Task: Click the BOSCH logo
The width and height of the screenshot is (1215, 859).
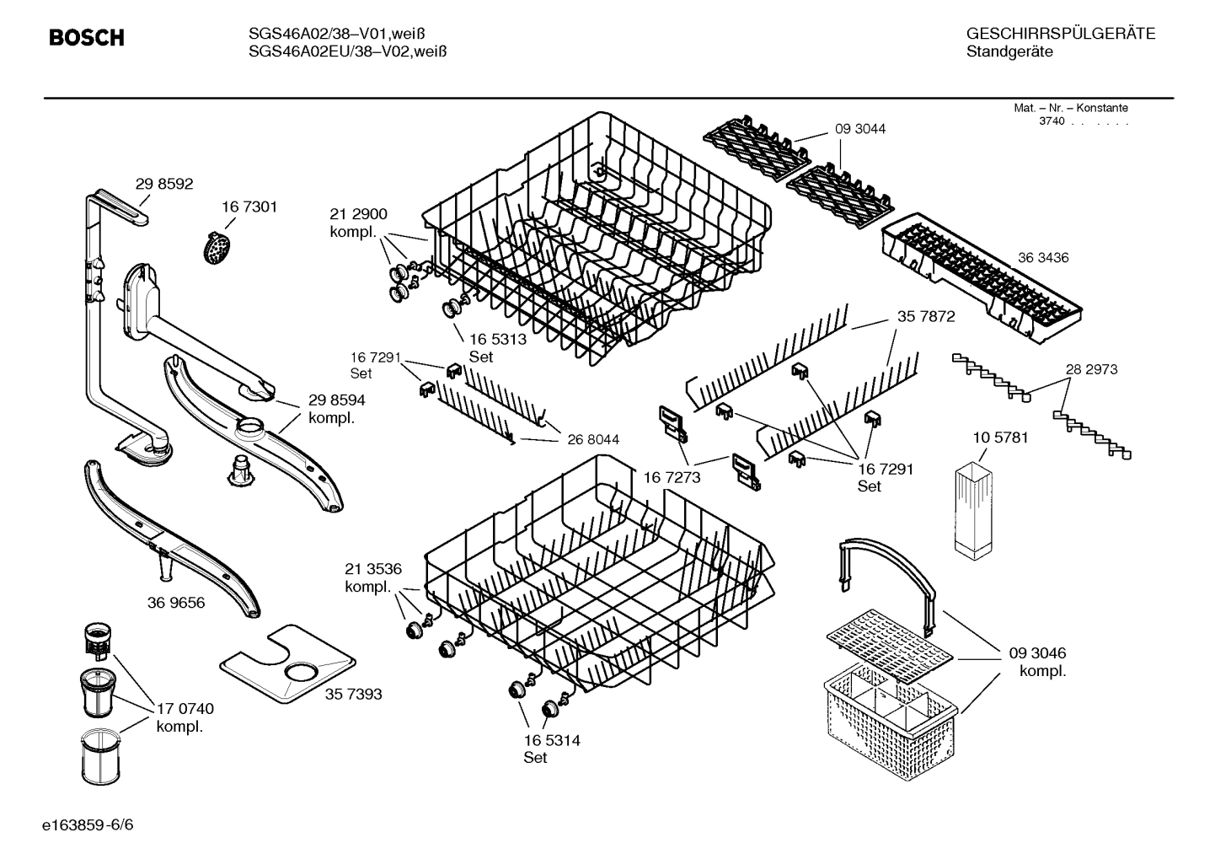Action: pyautogui.click(x=87, y=38)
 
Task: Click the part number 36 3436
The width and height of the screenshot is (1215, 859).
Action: pyautogui.click(x=1042, y=258)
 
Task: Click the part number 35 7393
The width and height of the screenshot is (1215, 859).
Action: pyautogui.click(x=353, y=694)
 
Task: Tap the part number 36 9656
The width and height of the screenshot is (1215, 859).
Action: pyautogui.click(x=175, y=603)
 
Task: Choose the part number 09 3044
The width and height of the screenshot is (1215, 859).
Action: pyautogui.click(x=860, y=129)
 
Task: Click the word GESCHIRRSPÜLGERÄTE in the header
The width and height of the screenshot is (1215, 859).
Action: pyautogui.click(x=1060, y=35)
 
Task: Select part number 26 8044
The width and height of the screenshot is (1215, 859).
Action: pyautogui.click(x=593, y=439)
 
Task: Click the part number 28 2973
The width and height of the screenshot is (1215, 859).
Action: pyautogui.click(x=1091, y=369)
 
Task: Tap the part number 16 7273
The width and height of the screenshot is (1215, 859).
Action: pyautogui.click(x=672, y=478)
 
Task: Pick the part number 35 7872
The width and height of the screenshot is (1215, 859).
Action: pyautogui.click(x=926, y=317)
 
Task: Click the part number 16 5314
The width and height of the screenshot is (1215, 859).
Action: pyautogui.click(x=551, y=741)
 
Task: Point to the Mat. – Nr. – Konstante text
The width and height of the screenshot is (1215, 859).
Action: pyautogui.click(x=1070, y=108)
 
